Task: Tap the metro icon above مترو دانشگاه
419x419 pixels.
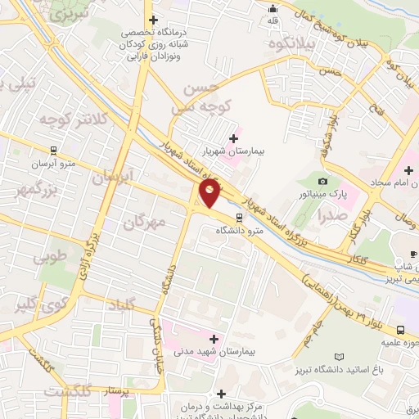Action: point(239,218)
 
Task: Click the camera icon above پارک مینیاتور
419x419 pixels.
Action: point(322,181)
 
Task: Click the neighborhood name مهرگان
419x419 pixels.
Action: point(148,221)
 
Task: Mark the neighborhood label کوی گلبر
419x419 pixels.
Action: point(37,307)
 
